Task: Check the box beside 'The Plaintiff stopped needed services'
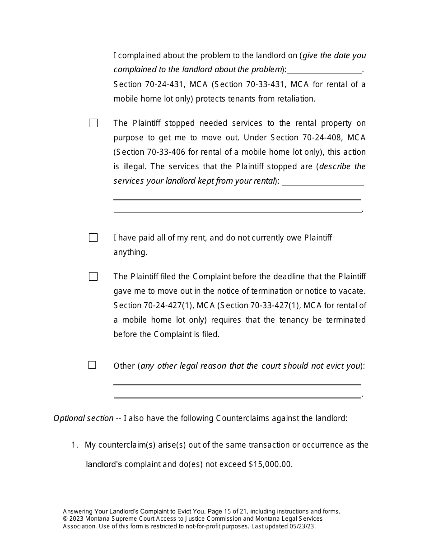[x=93, y=123]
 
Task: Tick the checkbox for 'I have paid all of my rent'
[x=93, y=238]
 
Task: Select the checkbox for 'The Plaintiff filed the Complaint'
[x=93, y=277]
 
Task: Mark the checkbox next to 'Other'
[x=92, y=365]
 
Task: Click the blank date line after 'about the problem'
[x=324, y=70]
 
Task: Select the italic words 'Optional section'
[x=83, y=418]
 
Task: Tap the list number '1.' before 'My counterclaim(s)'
[x=75, y=445]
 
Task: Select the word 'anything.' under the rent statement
[x=130, y=252]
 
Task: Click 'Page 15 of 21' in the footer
[x=227, y=512]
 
